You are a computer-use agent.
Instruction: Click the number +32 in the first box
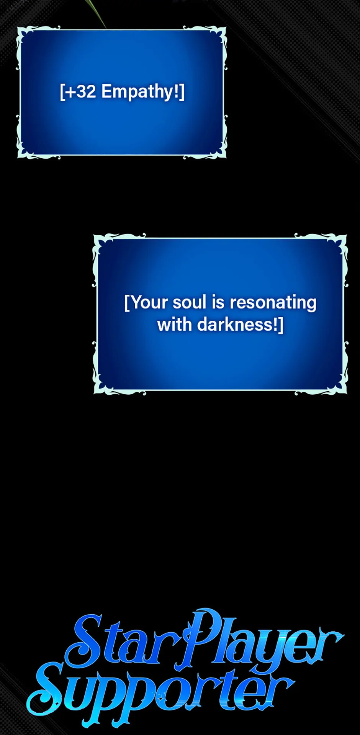coord(80,92)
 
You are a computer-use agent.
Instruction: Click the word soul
coord(190,302)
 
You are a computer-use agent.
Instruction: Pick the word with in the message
coord(175,324)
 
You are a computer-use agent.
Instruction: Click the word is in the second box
coord(218,302)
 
